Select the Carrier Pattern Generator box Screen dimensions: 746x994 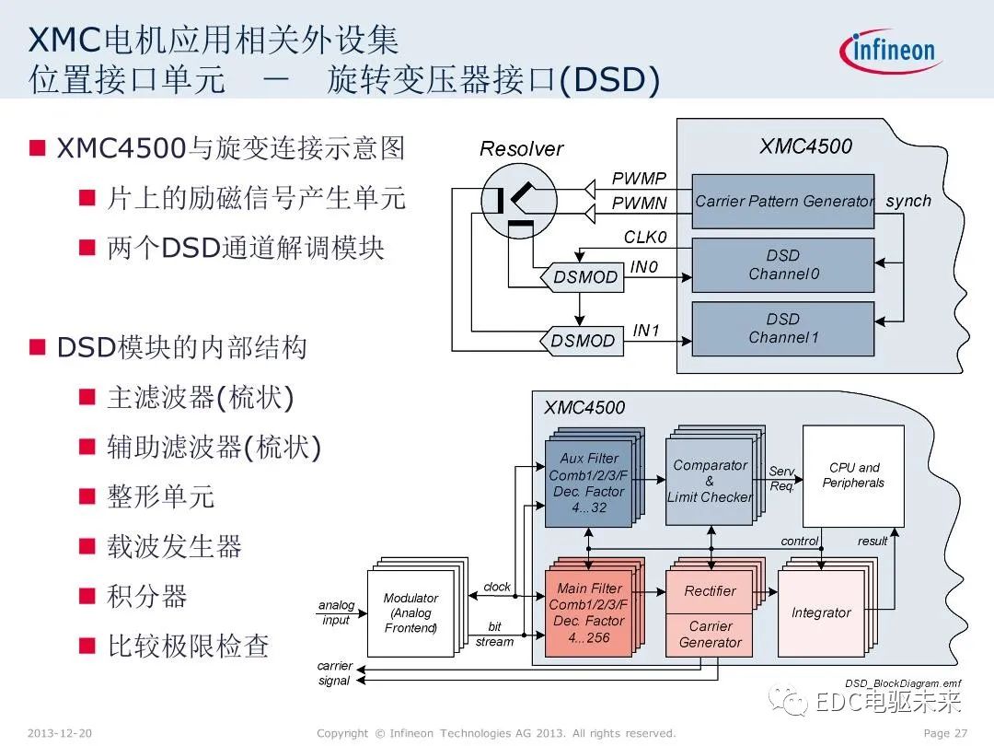click(782, 201)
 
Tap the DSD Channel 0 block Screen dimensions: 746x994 click(782, 265)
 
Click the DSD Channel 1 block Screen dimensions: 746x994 click(782, 329)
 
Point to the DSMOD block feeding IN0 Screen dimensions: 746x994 click(584, 277)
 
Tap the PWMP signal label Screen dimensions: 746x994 click(639, 179)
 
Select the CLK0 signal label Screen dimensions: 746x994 click(644, 238)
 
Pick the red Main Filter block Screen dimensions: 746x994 click(589, 612)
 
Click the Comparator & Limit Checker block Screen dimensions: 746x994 click(709, 481)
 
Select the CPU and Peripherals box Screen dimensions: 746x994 click(853, 475)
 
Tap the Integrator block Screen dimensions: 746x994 click(821, 612)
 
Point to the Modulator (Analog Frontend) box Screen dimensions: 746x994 click(410, 612)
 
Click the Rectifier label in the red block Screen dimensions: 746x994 click(710, 591)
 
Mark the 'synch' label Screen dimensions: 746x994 click(907, 201)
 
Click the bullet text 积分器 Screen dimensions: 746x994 click(147, 596)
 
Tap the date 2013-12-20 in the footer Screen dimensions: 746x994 click(60, 733)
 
